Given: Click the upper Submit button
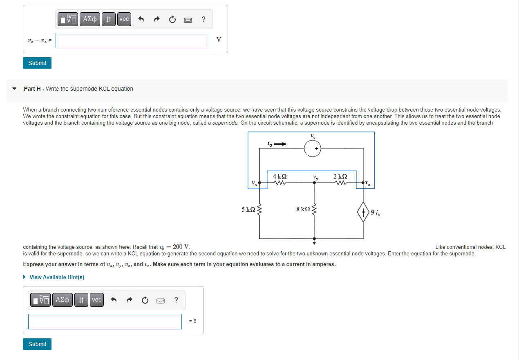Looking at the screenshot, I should point(37,63).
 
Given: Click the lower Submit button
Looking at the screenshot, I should point(37,344).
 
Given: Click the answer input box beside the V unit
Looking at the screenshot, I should point(132,40).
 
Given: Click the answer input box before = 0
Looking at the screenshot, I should point(105,321).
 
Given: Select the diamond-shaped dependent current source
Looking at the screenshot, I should point(363,213).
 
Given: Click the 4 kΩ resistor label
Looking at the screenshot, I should point(280,176).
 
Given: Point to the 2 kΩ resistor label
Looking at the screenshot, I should point(340,176).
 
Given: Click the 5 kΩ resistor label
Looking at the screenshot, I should point(248,209).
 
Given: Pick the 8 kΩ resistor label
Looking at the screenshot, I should point(303,209).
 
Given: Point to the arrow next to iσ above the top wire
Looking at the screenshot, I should point(281,144).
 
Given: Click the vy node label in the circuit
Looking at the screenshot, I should point(315,177).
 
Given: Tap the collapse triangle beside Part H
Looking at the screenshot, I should point(15,89).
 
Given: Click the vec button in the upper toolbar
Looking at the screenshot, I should point(124,19).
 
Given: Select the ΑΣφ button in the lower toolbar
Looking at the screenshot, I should point(62,300).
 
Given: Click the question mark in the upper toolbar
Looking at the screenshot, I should point(203,19).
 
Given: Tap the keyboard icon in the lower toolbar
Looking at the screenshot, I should point(161,300).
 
